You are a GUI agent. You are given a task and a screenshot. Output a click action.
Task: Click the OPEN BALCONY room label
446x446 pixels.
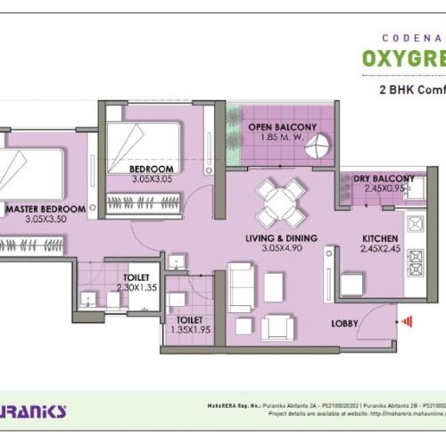tap(283, 128)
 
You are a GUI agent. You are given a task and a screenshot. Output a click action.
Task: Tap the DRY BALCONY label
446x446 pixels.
tap(384, 178)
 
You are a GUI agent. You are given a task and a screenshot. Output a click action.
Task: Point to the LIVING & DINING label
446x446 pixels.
tap(285, 238)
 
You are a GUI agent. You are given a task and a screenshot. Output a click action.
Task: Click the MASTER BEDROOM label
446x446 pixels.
tap(45, 209)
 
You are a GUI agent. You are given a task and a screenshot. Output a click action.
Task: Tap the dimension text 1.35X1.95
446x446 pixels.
tap(190, 329)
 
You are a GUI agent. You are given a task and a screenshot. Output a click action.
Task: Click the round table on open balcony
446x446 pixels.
tap(319, 149)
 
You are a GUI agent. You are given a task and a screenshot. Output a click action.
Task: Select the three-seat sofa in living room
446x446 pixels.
tap(240, 287)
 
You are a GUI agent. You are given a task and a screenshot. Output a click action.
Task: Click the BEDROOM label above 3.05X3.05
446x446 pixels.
tap(151, 169)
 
